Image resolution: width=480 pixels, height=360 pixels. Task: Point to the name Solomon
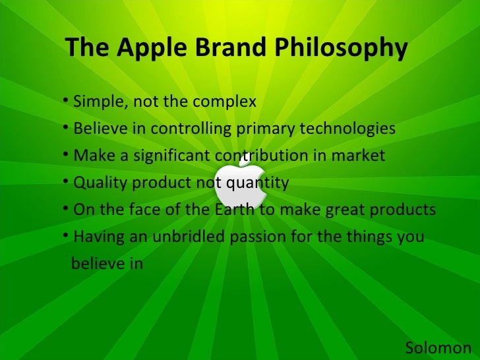point(438,347)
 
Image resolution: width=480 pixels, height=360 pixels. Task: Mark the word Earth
point(232,210)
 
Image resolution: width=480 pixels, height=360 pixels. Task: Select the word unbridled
point(183,236)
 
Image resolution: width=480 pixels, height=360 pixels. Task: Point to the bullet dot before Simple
point(68,103)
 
